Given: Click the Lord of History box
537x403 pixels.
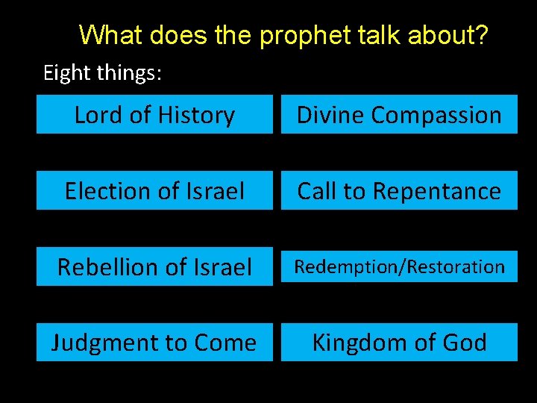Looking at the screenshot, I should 154,114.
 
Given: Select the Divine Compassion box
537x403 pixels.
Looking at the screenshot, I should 399,114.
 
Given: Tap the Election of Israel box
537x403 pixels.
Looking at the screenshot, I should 154,190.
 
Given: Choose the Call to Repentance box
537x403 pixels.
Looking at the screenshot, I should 399,190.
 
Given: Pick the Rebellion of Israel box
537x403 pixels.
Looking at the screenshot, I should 154,266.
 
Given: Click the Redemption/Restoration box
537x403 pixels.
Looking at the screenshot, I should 399,266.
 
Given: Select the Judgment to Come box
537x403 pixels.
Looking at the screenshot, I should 154,343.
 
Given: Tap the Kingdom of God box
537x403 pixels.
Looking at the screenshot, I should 399,343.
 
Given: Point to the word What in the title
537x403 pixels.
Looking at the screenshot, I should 110,34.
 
